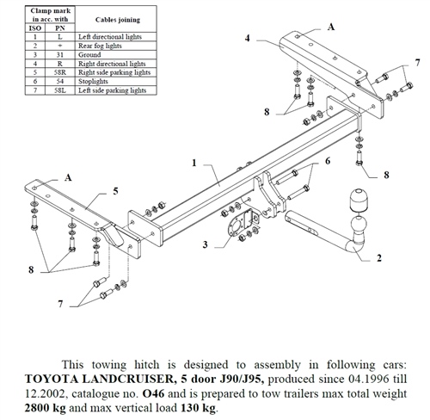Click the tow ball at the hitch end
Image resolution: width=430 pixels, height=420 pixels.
[357, 200]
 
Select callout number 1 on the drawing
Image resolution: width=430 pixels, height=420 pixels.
[195, 162]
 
